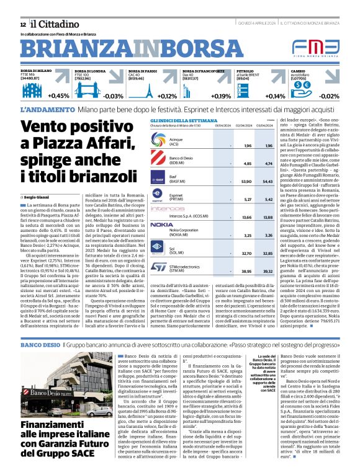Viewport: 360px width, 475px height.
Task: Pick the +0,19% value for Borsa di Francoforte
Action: (x=220, y=95)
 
